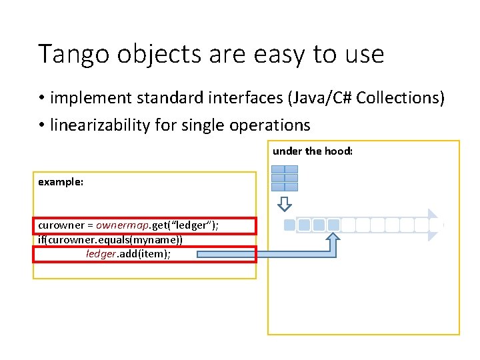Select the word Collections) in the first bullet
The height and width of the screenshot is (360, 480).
[x=400, y=98]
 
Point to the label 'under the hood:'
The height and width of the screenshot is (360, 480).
[x=312, y=151]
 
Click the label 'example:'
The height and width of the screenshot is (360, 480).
[x=61, y=181]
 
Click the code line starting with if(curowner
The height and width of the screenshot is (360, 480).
[x=110, y=239]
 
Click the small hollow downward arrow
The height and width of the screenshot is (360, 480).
[x=285, y=203]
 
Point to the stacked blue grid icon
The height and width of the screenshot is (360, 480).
[x=285, y=178]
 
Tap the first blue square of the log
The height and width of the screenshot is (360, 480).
[x=289, y=225]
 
